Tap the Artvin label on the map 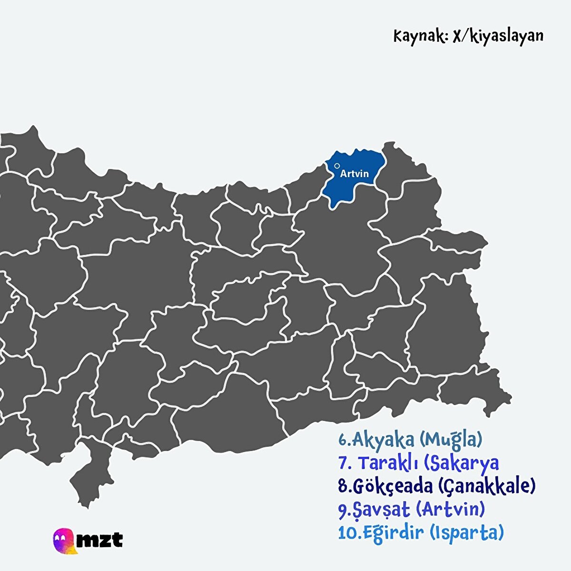tap(354, 174)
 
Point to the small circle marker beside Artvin tap(337, 166)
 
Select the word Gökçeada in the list tap(393, 486)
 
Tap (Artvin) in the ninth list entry tap(450, 510)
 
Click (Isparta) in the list tap(466, 532)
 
